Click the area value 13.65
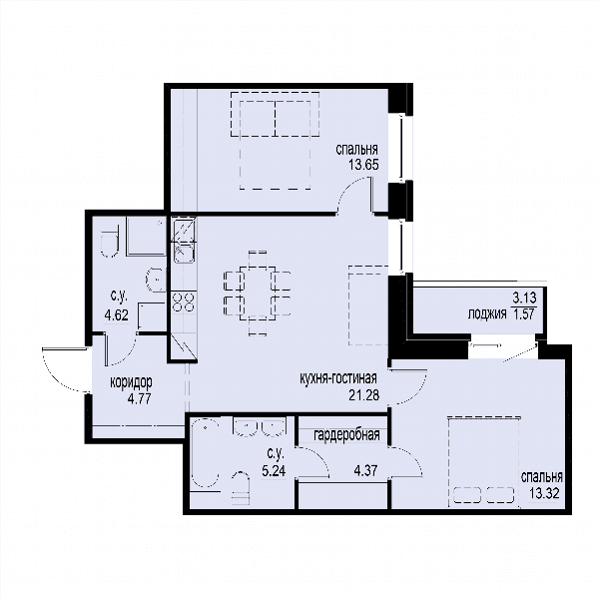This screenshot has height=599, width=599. coord(363,165)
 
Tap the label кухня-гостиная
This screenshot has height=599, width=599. coord(338,378)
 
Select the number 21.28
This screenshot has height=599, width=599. coord(364,395)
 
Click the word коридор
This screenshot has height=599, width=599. coord(131,382)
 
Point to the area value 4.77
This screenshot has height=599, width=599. coord(140,398)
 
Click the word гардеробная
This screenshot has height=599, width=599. coord(346,434)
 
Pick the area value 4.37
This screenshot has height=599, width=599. coord(366,470)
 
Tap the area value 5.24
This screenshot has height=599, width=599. coord(274,471)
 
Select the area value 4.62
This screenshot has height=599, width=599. coord(117,315)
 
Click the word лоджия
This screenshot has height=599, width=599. coord(487,314)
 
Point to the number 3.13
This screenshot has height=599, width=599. coord(524,298)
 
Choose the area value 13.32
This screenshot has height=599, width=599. coord(544,493)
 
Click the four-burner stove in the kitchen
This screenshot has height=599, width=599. coord(184,301)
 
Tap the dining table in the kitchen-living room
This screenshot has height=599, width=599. coord(258,294)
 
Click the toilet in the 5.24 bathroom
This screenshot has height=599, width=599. coord(240,488)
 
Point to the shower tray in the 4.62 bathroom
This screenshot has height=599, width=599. coord(146,236)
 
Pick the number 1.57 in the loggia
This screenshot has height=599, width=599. coord(525,314)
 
